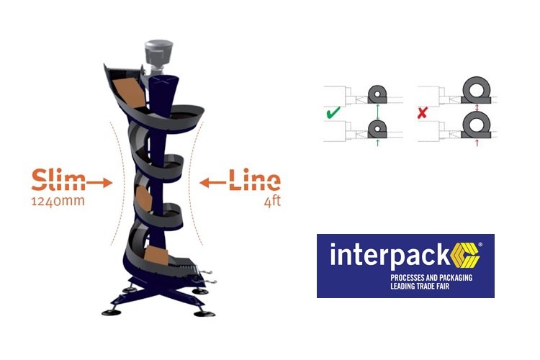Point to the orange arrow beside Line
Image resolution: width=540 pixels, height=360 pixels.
pyautogui.click(x=212, y=183)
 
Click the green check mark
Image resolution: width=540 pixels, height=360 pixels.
pyautogui.click(x=333, y=114)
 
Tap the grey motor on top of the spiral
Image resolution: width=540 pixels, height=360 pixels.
pyautogui.click(x=160, y=52)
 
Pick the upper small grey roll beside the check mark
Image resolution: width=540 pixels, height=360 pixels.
pyautogui.click(x=377, y=94)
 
